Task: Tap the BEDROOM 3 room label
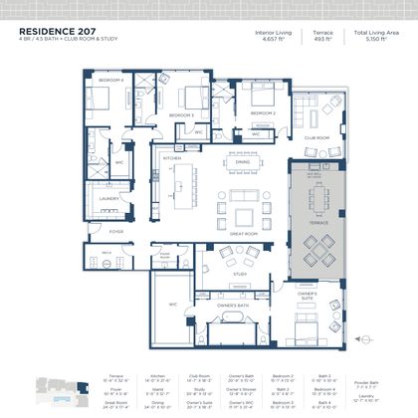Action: click(x=180, y=115)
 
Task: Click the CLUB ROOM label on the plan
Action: click(x=316, y=137)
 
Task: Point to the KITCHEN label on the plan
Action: click(x=171, y=158)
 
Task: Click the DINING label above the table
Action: click(x=242, y=161)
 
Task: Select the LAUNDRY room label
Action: click(x=109, y=196)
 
